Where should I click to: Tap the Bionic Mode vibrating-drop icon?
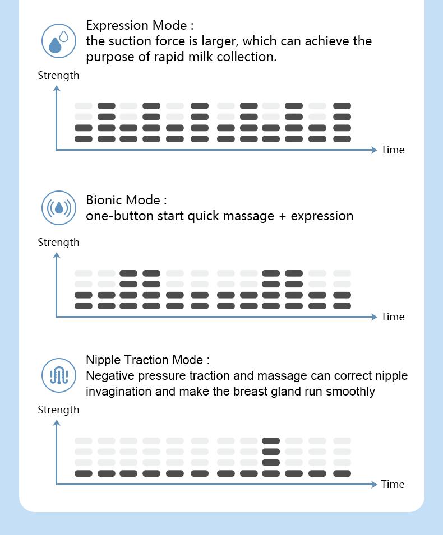(x=59, y=208)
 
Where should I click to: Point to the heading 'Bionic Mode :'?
(x=127, y=200)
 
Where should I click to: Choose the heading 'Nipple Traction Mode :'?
(x=148, y=360)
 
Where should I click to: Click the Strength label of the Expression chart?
(x=58, y=75)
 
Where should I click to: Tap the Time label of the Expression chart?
(x=393, y=150)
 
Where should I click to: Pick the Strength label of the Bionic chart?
(x=58, y=243)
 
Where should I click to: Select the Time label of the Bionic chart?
(x=393, y=317)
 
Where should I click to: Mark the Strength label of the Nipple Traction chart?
(x=58, y=410)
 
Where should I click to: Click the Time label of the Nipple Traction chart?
(x=393, y=485)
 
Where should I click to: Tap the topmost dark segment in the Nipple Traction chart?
(x=271, y=441)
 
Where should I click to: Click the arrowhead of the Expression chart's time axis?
(x=374, y=150)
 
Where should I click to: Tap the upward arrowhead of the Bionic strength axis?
(x=57, y=255)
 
